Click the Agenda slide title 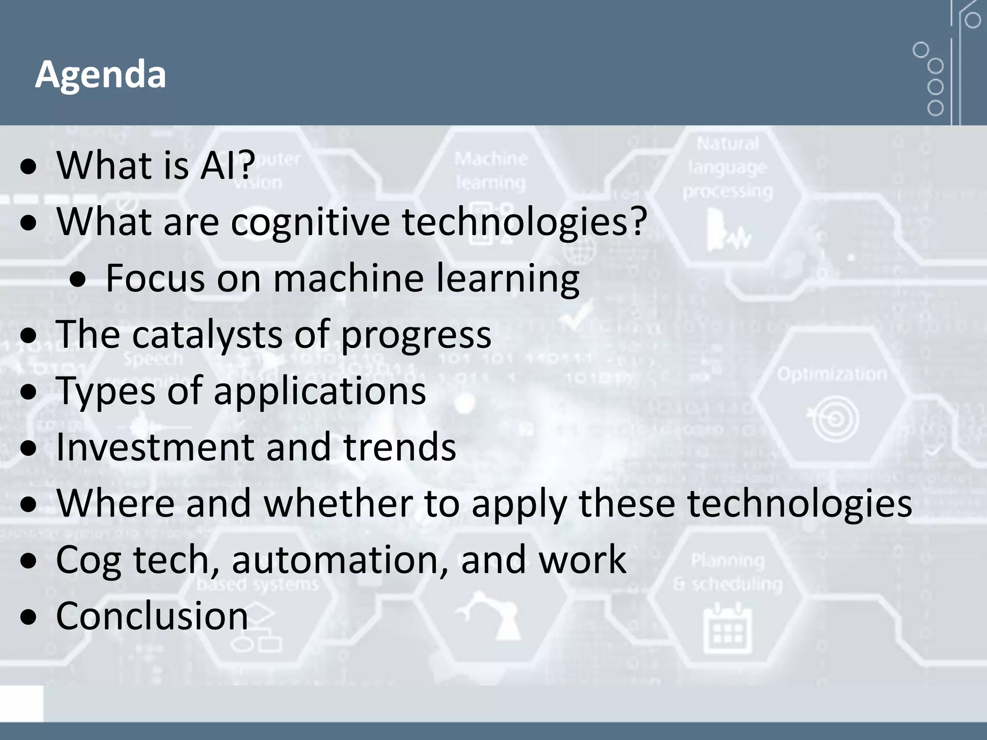click(x=100, y=75)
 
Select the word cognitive click(x=310, y=222)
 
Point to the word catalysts click(x=207, y=334)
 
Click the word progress click(x=416, y=335)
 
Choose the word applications click(x=320, y=391)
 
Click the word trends click(x=400, y=447)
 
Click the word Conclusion click(x=152, y=616)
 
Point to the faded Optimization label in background click(x=832, y=374)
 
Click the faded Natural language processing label click(x=727, y=167)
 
